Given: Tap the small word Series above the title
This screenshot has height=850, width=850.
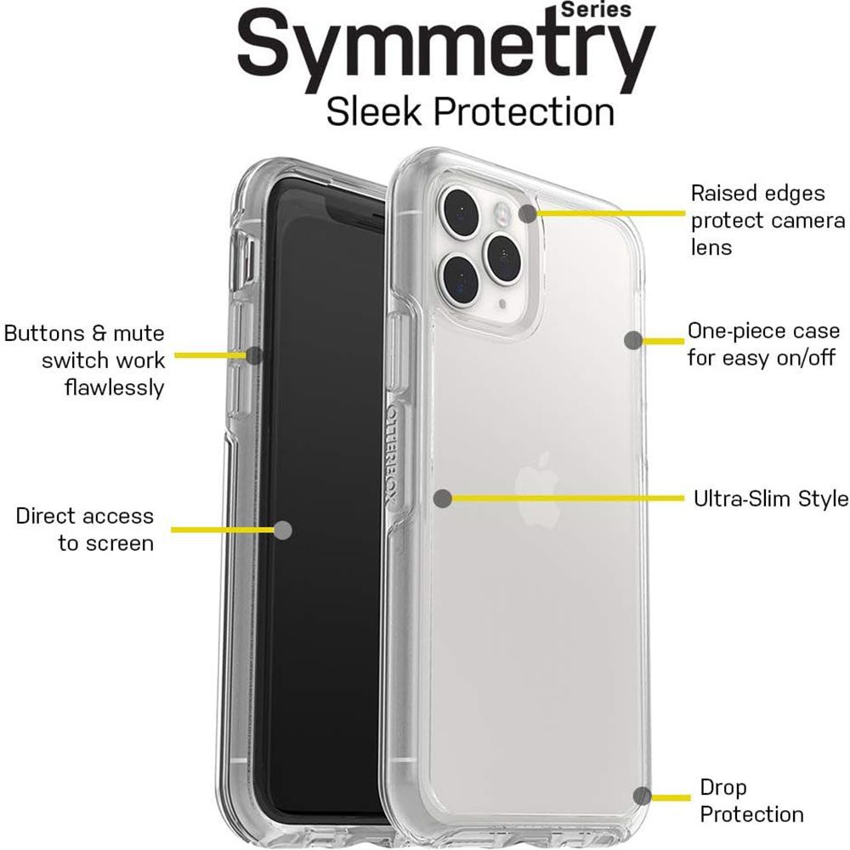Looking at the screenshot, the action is tap(597, 9).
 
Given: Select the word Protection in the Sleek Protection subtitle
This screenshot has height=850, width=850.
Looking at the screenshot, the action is tap(524, 111).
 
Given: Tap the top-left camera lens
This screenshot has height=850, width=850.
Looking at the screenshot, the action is tap(460, 210).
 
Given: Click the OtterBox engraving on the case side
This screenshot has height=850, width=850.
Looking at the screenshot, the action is tap(394, 456).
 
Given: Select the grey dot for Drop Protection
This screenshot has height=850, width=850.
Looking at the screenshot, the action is tap(643, 796).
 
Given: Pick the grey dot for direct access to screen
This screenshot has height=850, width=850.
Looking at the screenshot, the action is tap(283, 530).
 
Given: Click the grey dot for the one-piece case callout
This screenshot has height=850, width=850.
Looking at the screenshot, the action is tap(633, 341).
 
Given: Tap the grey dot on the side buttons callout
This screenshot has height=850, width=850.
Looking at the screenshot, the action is tap(254, 355).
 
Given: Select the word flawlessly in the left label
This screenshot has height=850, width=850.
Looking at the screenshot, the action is tap(114, 388).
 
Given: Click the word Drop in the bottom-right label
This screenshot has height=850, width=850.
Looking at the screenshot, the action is tap(723, 788).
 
